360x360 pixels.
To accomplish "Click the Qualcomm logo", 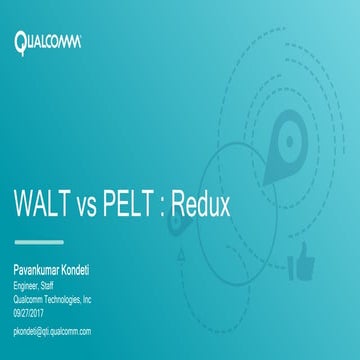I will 47,42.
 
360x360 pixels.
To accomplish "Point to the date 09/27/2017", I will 30,311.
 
